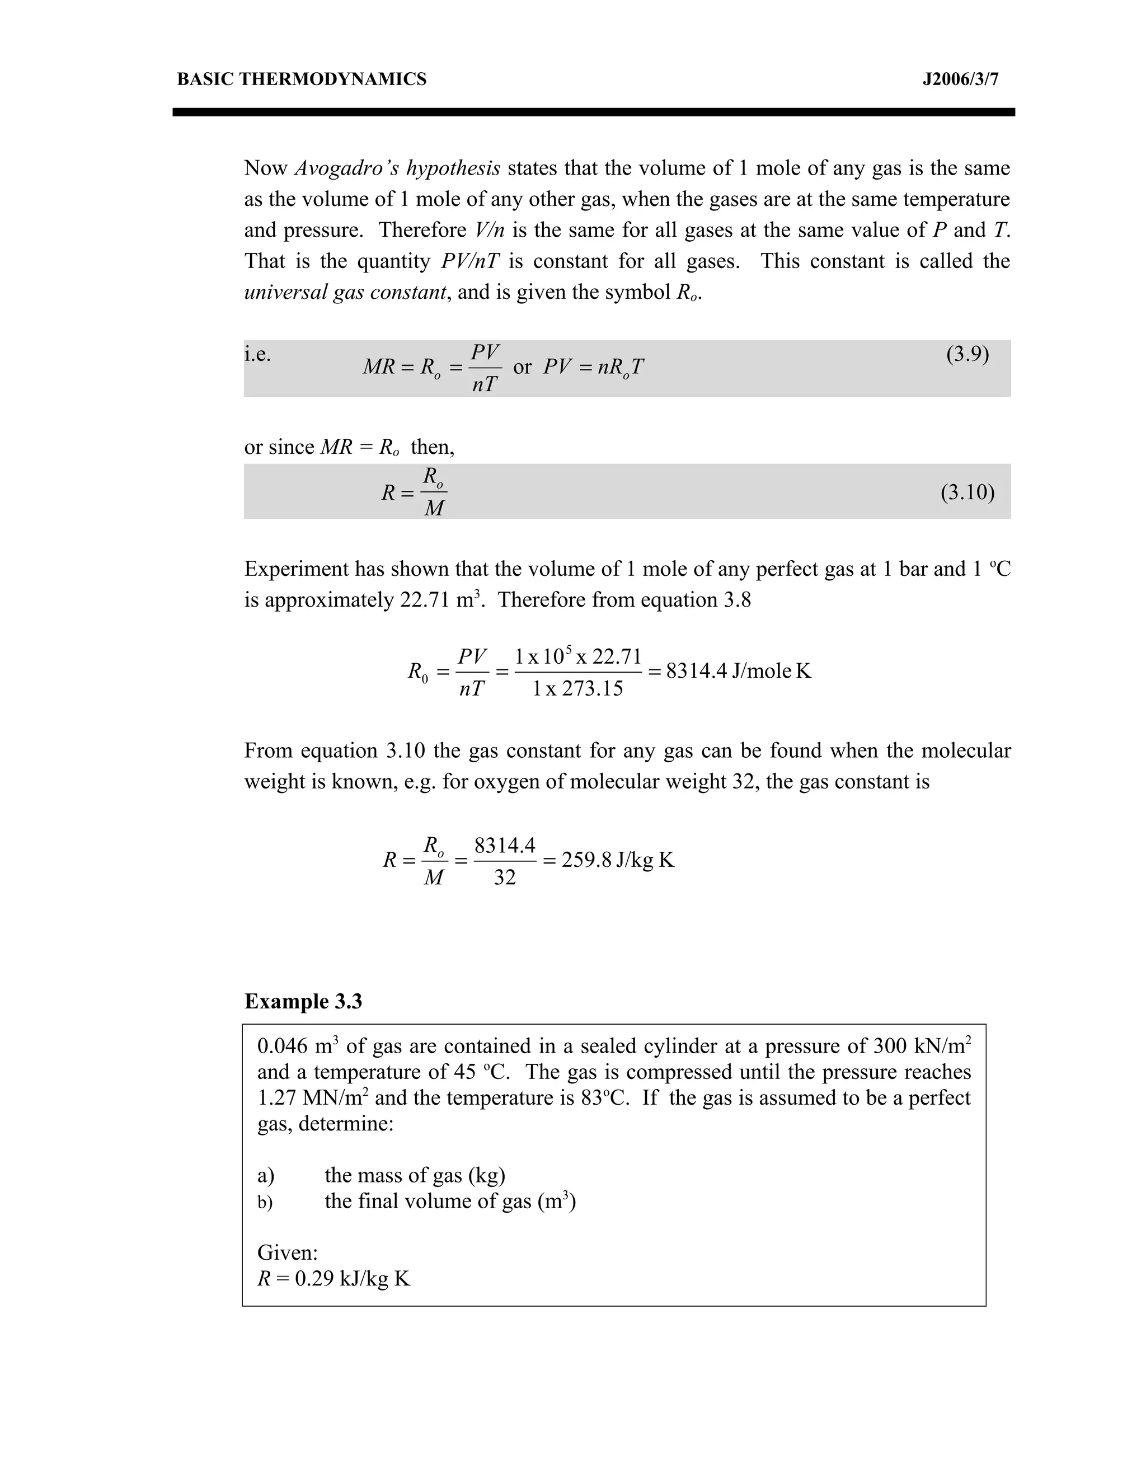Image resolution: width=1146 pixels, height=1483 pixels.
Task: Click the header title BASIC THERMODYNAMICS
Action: (x=302, y=79)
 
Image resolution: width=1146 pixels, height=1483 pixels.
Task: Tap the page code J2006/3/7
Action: (x=960, y=79)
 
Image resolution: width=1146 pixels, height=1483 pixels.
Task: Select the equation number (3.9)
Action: (x=967, y=354)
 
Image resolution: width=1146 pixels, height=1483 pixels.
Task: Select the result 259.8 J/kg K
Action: (x=618, y=860)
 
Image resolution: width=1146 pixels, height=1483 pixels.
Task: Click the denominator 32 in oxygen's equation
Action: (x=504, y=878)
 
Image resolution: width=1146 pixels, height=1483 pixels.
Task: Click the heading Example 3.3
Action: (x=303, y=1002)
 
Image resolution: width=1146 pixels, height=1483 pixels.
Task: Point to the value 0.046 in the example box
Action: (x=283, y=1046)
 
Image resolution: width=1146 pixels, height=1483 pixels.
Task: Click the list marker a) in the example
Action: (x=265, y=1175)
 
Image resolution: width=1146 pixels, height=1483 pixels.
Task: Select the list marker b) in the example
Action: (x=265, y=1203)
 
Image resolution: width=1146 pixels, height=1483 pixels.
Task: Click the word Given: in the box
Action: (x=287, y=1253)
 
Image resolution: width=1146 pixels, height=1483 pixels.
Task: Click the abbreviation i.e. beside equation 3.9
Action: (x=257, y=354)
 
